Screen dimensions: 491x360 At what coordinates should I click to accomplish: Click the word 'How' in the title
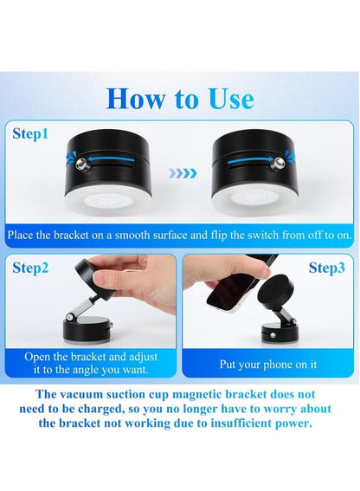click(x=134, y=97)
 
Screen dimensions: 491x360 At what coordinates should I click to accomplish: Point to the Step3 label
click(x=326, y=268)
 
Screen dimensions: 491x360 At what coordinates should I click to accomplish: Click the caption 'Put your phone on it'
click(x=267, y=364)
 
